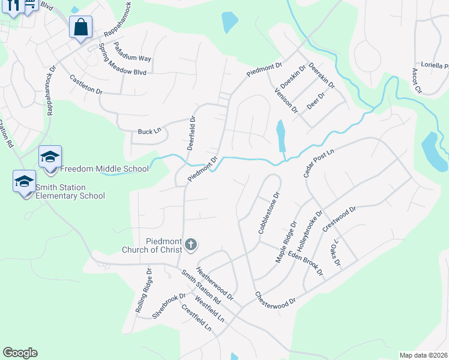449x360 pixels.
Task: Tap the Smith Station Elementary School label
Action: (70, 191)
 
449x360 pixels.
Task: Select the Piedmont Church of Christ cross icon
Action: (191, 244)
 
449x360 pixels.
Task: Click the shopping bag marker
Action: (80, 27)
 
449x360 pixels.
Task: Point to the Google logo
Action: (20, 353)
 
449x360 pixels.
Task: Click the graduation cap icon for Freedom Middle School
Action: (50, 158)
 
